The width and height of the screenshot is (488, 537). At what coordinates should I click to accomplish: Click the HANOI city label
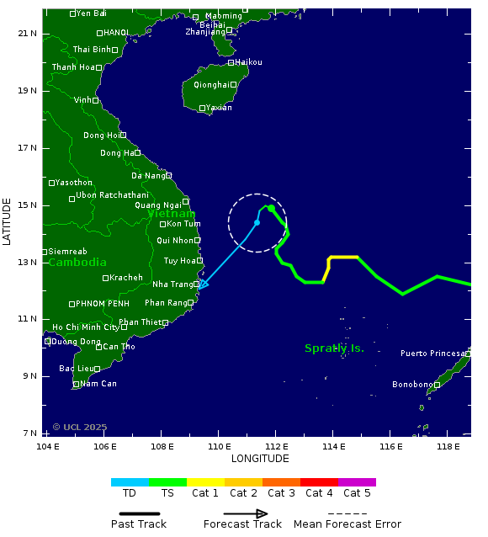point(116,33)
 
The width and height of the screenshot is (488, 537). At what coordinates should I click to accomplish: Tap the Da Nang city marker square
point(168,175)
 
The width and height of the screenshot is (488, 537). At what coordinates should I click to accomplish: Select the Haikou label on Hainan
point(248,62)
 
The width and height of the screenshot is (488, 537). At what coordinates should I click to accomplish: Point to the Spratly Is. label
point(334,348)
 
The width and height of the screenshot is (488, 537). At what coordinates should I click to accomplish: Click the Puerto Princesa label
point(432,354)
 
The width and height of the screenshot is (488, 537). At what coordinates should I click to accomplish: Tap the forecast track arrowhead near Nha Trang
point(202,284)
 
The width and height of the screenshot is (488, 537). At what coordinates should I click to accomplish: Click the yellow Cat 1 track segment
point(341,258)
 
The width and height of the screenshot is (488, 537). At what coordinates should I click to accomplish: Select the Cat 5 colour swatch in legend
point(357,482)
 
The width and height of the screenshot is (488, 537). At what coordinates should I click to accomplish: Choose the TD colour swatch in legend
point(130,482)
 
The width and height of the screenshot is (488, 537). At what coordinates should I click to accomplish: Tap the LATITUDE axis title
point(8,222)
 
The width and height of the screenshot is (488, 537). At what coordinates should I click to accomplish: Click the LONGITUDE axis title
point(260,459)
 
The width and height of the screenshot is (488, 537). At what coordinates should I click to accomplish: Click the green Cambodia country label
point(77,262)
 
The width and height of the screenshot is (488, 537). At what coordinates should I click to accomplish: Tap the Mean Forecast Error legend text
point(347,524)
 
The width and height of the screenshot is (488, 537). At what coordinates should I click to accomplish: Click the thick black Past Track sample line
point(139,513)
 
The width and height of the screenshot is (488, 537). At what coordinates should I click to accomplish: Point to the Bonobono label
point(412,385)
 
